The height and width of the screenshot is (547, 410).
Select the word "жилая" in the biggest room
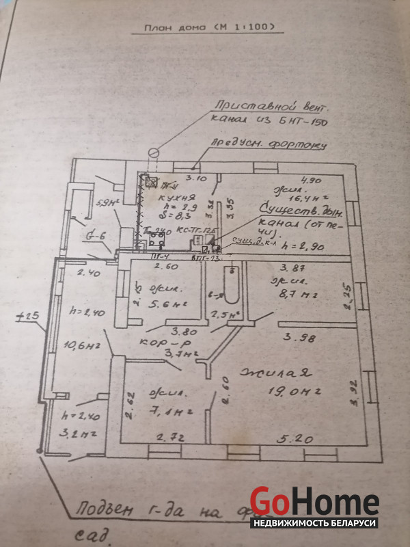275,373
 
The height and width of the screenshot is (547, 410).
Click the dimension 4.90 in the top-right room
310,180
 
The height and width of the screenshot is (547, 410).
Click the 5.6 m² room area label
155,306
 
